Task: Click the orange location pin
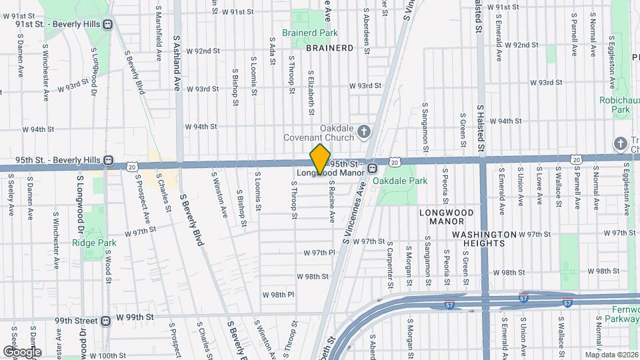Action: pyautogui.click(x=321, y=159)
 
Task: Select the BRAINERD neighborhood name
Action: pyautogui.click(x=329, y=48)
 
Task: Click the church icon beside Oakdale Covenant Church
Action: pyautogui.click(x=364, y=131)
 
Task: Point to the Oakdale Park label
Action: pyautogui.click(x=399, y=181)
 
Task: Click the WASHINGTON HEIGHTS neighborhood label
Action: pyautogui.click(x=484, y=239)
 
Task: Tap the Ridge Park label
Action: pyautogui.click(x=94, y=243)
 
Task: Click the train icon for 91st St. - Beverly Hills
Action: pyautogui.click(x=107, y=24)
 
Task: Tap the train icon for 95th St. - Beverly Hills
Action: pyautogui.click(x=108, y=161)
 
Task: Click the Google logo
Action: pyautogui.click(x=22, y=351)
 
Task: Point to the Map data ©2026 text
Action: pyautogui.click(x=611, y=355)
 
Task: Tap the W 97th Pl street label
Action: pyautogui.click(x=318, y=253)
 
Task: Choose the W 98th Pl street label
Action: pyautogui.click(x=278, y=295)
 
